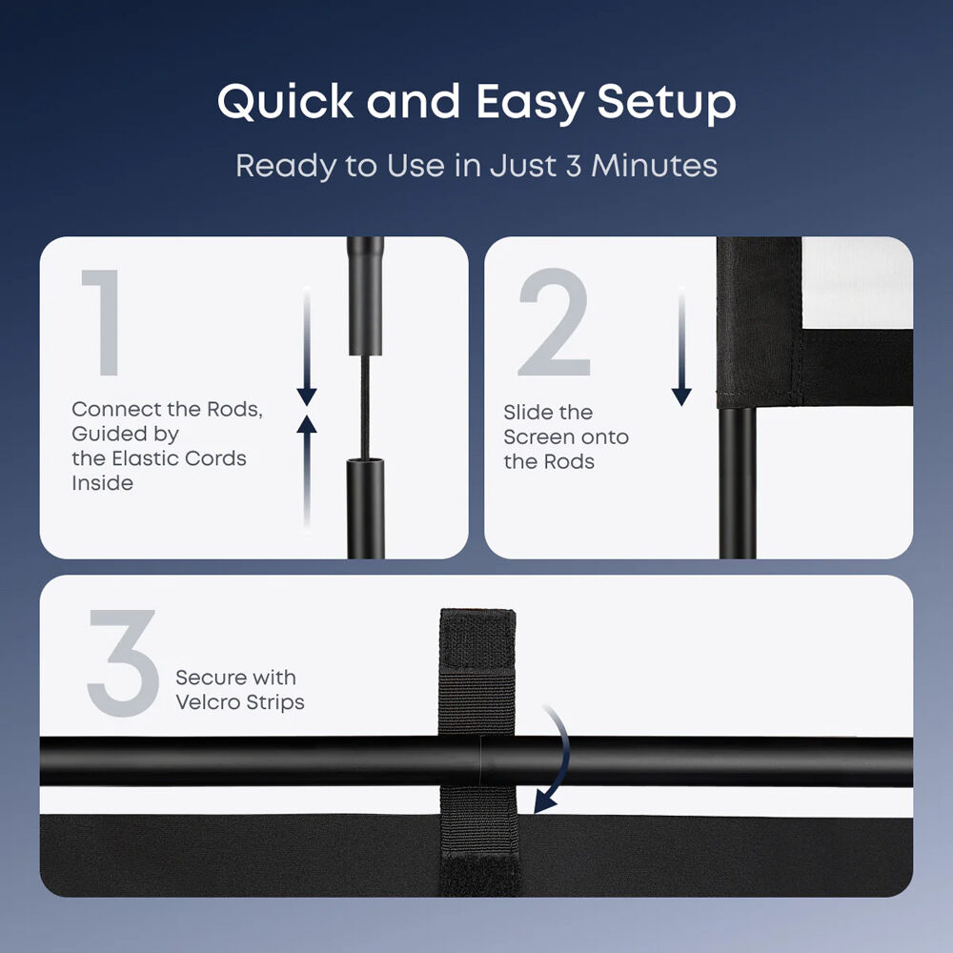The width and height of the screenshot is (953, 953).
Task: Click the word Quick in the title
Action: [x=285, y=102]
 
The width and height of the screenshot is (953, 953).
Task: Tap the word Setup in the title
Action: [x=667, y=103]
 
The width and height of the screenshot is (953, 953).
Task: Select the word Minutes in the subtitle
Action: [x=654, y=165]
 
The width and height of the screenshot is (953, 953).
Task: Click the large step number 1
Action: [x=102, y=323]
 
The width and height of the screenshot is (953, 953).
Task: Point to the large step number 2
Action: [x=555, y=322]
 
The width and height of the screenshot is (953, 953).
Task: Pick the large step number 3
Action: [x=122, y=662]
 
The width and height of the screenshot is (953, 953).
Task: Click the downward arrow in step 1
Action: [x=307, y=347]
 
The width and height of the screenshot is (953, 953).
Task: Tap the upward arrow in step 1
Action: [x=307, y=473]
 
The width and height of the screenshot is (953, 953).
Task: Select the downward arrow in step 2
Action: [x=681, y=347]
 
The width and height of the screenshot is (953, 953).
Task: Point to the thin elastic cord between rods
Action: [x=365, y=407]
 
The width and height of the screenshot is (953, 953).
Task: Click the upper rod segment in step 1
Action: [x=365, y=296]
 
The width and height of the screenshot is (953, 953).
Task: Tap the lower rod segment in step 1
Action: [x=365, y=509]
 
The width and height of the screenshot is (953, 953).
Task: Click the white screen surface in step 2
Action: [x=857, y=283]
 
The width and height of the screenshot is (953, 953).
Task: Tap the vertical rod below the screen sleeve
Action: [x=738, y=482]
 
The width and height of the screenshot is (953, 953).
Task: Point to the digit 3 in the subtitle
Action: [x=574, y=166]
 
